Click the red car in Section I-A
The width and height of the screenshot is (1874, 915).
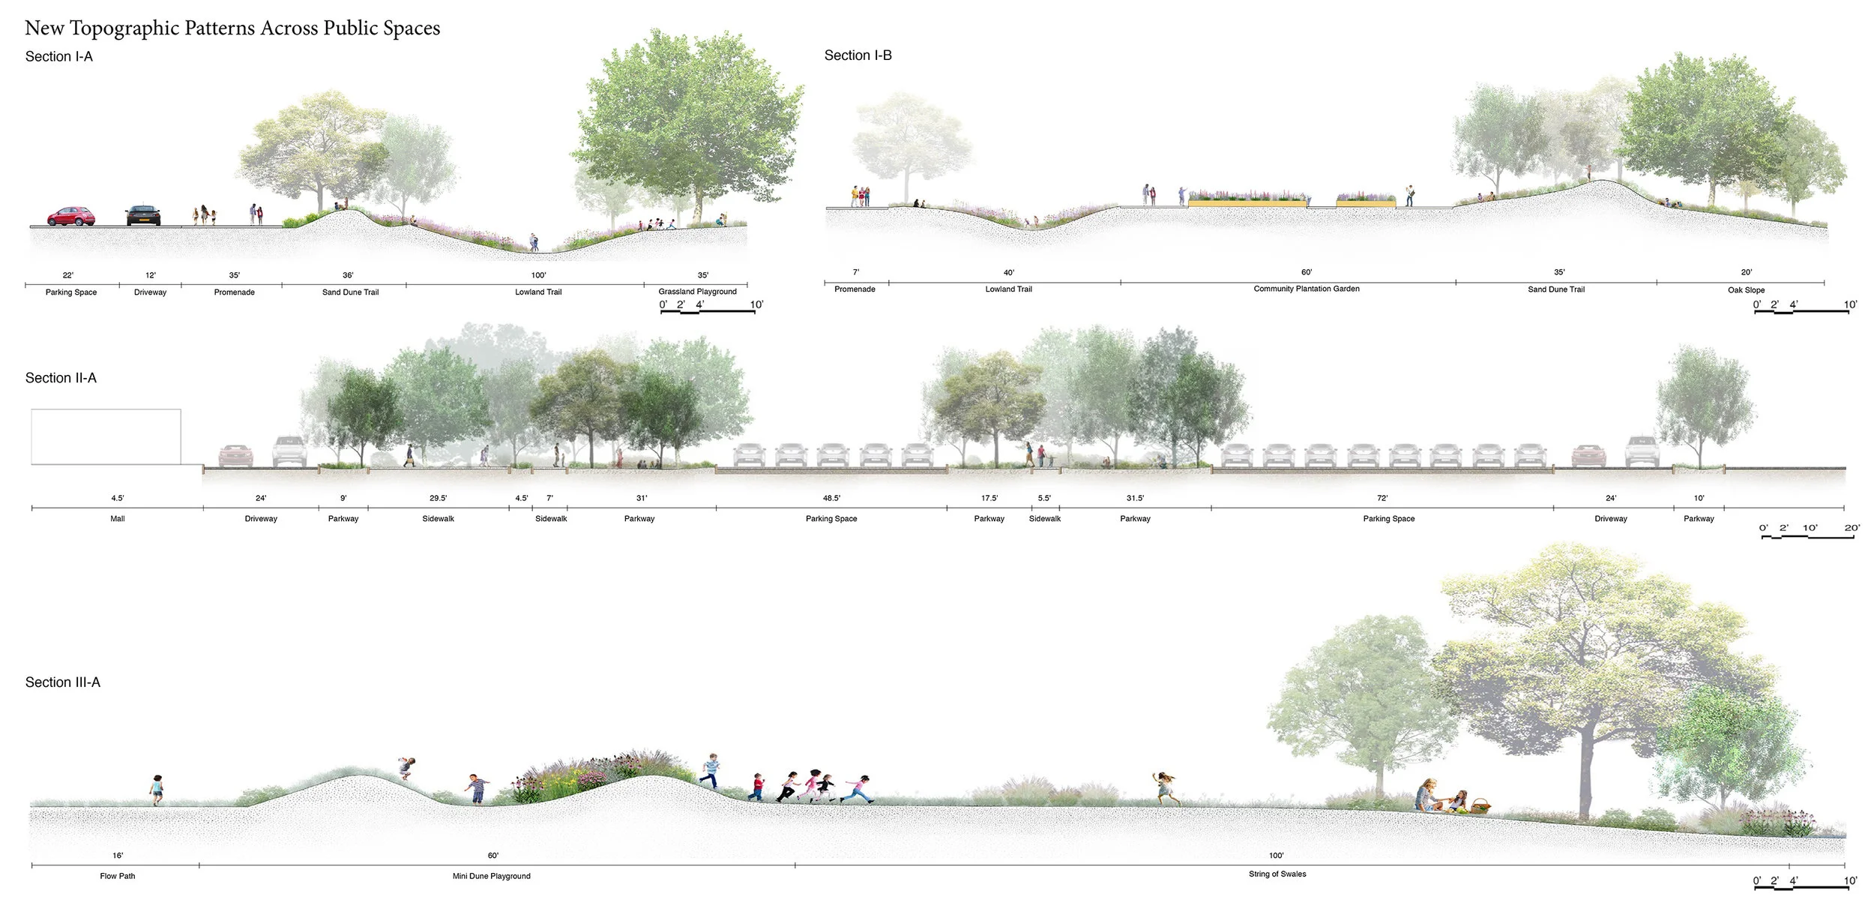(x=71, y=216)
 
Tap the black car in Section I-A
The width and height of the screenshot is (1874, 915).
(x=143, y=215)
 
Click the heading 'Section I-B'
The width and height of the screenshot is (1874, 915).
(x=858, y=55)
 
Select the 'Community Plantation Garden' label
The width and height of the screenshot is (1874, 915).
(x=1306, y=289)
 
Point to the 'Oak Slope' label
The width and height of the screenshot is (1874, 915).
(x=1746, y=290)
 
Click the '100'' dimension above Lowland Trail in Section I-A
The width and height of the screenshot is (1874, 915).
(x=538, y=275)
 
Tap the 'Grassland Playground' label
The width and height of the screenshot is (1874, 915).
(x=697, y=292)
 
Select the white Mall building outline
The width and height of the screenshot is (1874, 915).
(x=106, y=436)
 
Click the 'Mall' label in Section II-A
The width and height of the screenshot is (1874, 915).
(x=118, y=519)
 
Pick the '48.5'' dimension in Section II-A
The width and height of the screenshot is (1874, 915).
(x=831, y=498)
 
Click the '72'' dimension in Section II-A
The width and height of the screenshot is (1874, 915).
(x=1382, y=498)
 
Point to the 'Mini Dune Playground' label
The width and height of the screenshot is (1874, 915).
(x=491, y=876)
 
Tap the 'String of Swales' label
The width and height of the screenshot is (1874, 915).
(x=1277, y=874)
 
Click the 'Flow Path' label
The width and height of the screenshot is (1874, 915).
(x=118, y=876)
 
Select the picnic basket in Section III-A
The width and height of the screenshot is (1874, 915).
(x=1480, y=807)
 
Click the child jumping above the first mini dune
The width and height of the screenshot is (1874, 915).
(x=407, y=767)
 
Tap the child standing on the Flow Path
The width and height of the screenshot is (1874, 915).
(x=157, y=790)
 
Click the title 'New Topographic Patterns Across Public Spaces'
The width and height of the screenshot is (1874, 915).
(x=232, y=28)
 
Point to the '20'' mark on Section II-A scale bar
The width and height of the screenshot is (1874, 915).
(x=1852, y=528)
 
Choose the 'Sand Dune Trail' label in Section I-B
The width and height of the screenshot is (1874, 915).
(x=1556, y=289)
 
